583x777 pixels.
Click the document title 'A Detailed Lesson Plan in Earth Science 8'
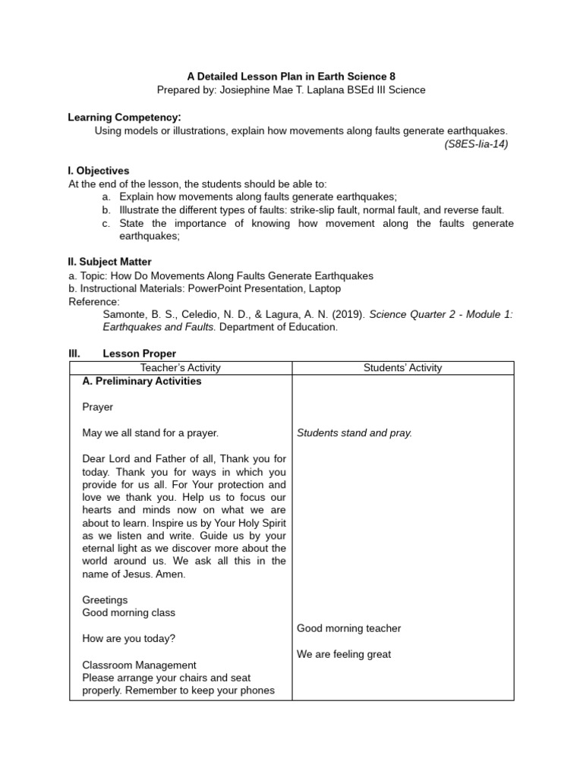tap(291, 77)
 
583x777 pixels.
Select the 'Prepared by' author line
tap(291, 90)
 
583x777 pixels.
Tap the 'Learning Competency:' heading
tap(124, 118)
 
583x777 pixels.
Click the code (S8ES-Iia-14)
tap(476, 143)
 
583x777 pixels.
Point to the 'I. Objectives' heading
tap(99, 171)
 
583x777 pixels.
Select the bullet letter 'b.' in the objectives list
tap(106, 210)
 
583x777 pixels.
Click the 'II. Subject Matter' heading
tap(109, 262)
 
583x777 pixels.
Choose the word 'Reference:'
tap(94, 301)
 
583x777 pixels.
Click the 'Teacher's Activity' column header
tap(181, 368)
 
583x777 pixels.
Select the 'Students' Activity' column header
tap(402, 368)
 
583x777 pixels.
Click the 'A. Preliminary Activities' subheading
tap(142, 381)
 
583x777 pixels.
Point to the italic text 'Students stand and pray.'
tap(355, 433)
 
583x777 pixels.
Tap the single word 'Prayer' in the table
tap(97, 407)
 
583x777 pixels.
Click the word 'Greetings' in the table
tap(105, 599)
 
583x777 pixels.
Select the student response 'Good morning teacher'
tap(348, 628)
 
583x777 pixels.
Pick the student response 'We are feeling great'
tap(344, 654)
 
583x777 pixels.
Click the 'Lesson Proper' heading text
tap(139, 354)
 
